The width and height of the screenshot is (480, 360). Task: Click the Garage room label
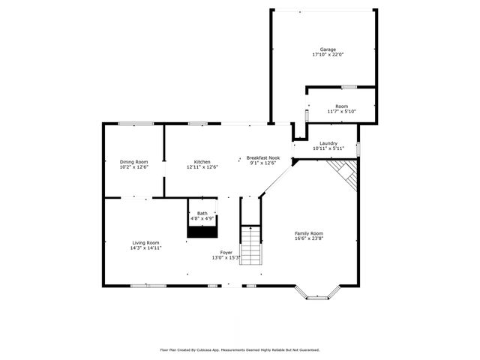328,49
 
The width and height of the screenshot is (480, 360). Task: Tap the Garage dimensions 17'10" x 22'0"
328,55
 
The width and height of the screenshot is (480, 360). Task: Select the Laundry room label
328,143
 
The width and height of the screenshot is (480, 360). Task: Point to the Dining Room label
133,162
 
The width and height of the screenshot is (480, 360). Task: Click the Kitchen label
202,162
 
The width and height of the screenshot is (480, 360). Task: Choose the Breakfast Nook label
263,158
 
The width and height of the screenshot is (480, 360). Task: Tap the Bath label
202,214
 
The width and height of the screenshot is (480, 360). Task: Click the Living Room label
146,242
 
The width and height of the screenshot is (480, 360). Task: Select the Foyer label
226,252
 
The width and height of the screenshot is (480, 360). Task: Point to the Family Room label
308,233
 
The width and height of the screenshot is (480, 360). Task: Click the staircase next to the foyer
251,244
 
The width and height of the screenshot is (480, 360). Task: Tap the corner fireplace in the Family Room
346,175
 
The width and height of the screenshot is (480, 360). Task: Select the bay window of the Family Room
317,295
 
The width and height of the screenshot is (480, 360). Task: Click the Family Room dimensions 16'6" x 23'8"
308,238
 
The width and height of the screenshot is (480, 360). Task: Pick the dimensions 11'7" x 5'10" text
341,111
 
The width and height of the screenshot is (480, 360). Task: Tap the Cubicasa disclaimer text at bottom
240,349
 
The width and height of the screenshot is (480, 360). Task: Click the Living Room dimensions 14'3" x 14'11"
146,247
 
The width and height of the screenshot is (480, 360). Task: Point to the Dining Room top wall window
136,124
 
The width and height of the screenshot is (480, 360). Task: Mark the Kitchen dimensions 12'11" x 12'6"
202,167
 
